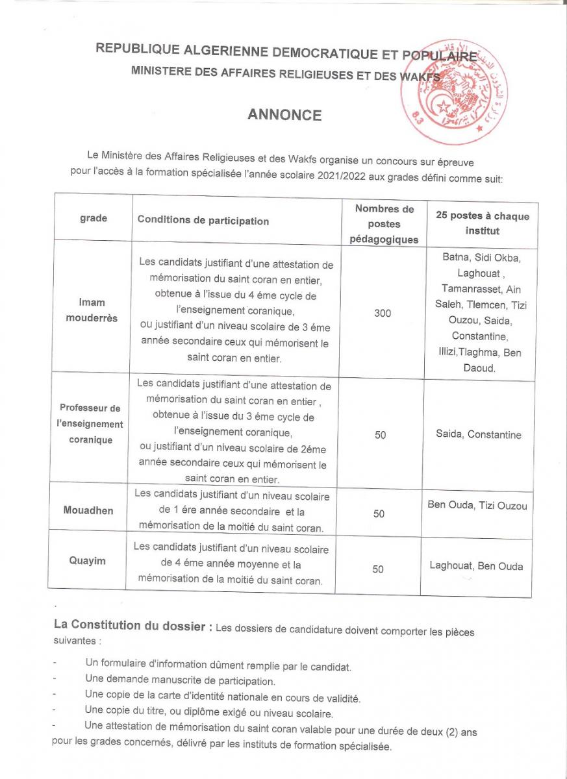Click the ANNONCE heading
(284, 115)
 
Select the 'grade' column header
(94, 219)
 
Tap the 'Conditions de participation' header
(203, 221)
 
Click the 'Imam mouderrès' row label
(92, 310)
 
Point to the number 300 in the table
(383, 314)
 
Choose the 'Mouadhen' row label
(88, 510)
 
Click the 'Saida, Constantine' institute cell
(478, 435)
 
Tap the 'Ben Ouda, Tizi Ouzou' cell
(477, 506)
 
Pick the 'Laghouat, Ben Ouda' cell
(476, 566)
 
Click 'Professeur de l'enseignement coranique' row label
(90, 424)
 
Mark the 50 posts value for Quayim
(378, 569)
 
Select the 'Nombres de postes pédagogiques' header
(384, 224)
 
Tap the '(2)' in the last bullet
(453, 732)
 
